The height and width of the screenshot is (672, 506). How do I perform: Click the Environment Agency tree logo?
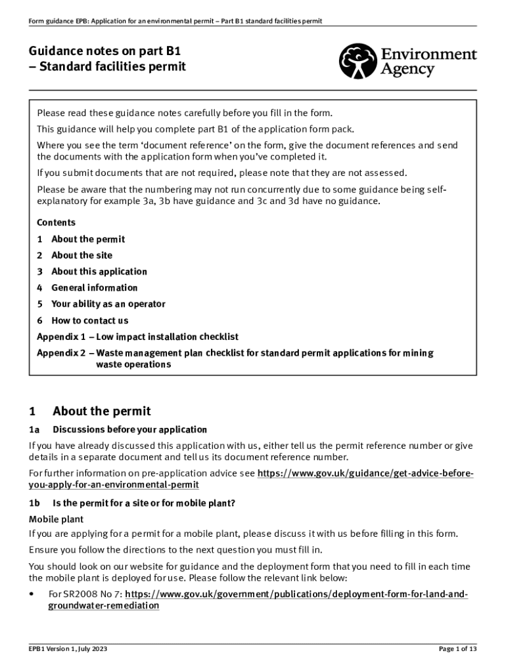pyautogui.click(x=358, y=61)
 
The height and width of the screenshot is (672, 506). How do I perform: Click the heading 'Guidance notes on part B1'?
pyautogui.click(x=105, y=50)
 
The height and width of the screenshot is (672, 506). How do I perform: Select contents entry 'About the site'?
pyautogui.click(x=81, y=255)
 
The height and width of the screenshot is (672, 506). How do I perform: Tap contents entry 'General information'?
pyautogui.click(x=95, y=287)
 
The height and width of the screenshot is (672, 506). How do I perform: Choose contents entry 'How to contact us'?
pyautogui.click(x=90, y=320)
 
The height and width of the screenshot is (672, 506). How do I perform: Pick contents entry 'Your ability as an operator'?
pyautogui.click(x=108, y=304)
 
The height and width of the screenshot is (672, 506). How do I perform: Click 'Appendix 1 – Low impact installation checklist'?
pyautogui.click(x=137, y=337)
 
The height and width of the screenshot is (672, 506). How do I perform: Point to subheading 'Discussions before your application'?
pyautogui.click(x=129, y=430)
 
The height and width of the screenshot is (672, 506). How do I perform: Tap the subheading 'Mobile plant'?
pyautogui.click(x=53, y=518)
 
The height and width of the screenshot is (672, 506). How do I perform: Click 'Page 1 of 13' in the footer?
pyautogui.click(x=457, y=649)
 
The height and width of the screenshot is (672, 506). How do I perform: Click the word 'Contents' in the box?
pyautogui.click(x=56, y=222)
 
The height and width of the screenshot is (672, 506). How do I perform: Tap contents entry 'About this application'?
pyautogui.click(x=99, y=272)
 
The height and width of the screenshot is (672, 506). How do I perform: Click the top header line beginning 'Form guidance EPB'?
pyautogui.click(x=175, y=21)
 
